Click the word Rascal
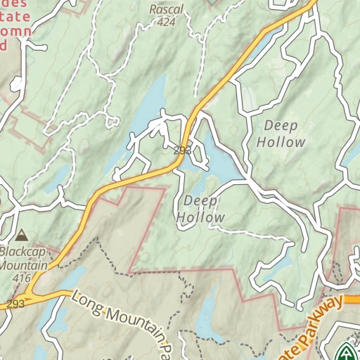[x=166, y=10]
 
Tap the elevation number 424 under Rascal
[x=166, y=22]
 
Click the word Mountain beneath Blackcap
[x=24, y=266]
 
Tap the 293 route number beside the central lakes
[x=182, y=150]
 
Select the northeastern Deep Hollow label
[x=281, y=134]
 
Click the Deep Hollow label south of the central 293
[x=200, y=210]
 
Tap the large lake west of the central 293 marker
[x=151, y=105]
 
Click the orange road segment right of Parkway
[x=352, y=299]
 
